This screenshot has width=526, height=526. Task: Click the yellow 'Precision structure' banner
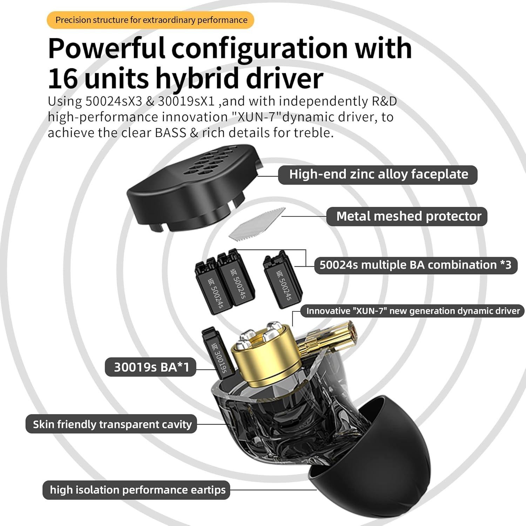151,20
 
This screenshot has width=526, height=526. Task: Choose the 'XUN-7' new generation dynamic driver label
412,311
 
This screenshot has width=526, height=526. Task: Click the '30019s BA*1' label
151,367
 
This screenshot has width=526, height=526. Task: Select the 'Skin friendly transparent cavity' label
112,424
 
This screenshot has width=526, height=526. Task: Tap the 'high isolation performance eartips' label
137,490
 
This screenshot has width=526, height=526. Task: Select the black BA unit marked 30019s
216,354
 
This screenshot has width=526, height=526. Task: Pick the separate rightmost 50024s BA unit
283,282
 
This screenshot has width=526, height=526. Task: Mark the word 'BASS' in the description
170,133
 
